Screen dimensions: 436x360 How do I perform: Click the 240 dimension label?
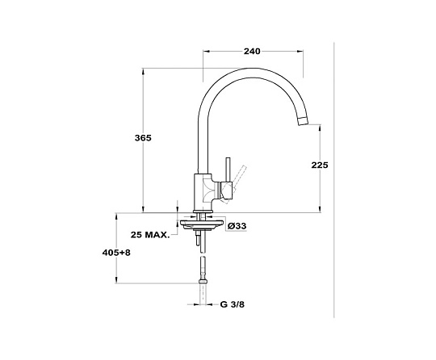pyautogui.click(x=252, y=52)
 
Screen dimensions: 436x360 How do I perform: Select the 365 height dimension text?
pyautogui.click(x=143, y=138)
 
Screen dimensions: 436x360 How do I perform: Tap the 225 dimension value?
pyautogui.click(x=320, y=165)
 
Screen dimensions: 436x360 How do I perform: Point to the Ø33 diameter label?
pyautogui.click(x=237, y=226)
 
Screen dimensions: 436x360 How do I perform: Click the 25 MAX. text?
pyautogui.click(x=150, y=235)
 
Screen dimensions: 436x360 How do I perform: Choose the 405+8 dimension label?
pyautogui.click(x=116, y=253)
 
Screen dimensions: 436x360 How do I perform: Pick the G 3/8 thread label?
pyautogui.click(x=233, y=304)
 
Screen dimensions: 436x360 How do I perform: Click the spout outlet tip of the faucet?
pyautogui.click(x=303, y=122)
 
